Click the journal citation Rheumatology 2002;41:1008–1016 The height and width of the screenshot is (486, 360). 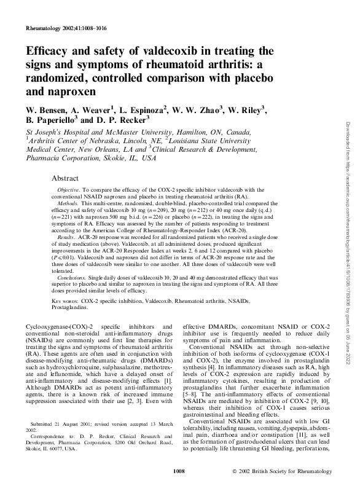67,28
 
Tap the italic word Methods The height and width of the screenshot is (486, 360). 69,202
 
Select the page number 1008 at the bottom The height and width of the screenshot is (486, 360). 179,471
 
